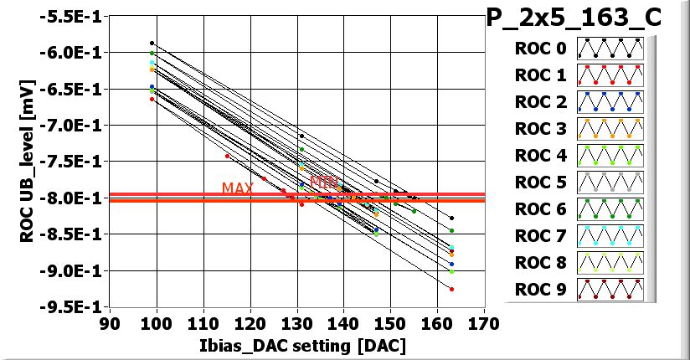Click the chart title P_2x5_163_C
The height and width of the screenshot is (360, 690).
coord(586,18)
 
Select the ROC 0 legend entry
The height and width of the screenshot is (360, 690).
coord(579,49)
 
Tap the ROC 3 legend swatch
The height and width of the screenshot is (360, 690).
coord(610,129)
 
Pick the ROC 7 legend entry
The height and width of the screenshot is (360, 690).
coord(579,235)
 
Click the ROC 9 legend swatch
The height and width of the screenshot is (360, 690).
coord(610,289)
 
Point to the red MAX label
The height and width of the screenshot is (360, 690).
coord(238,188)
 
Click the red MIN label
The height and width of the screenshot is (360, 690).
coord(324,181)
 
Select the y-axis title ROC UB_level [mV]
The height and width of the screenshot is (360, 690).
coord(27,162)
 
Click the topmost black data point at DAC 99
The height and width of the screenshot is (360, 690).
coord(152,43)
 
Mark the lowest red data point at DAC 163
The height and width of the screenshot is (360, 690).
coord(451,289)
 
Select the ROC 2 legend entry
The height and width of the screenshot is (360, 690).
coord(579,102)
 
